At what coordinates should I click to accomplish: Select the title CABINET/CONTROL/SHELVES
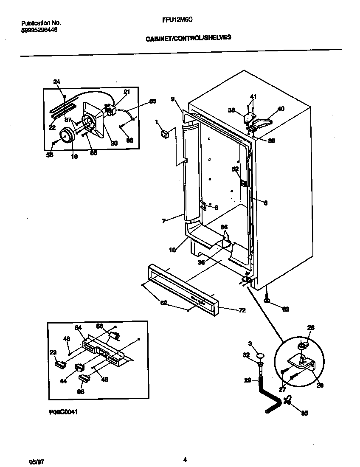[188, 37]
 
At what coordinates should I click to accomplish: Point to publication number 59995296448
[39, 30]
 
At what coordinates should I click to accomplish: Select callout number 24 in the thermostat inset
[57, 82]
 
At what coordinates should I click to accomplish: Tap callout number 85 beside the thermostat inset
[152, 101]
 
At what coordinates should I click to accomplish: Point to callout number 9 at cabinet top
[173, 100]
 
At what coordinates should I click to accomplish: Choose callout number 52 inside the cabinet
[234, 169]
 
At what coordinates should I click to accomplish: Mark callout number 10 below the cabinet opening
[172, 250]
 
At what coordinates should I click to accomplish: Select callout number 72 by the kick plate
[242, 311]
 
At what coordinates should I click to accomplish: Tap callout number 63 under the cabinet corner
[285, 309]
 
